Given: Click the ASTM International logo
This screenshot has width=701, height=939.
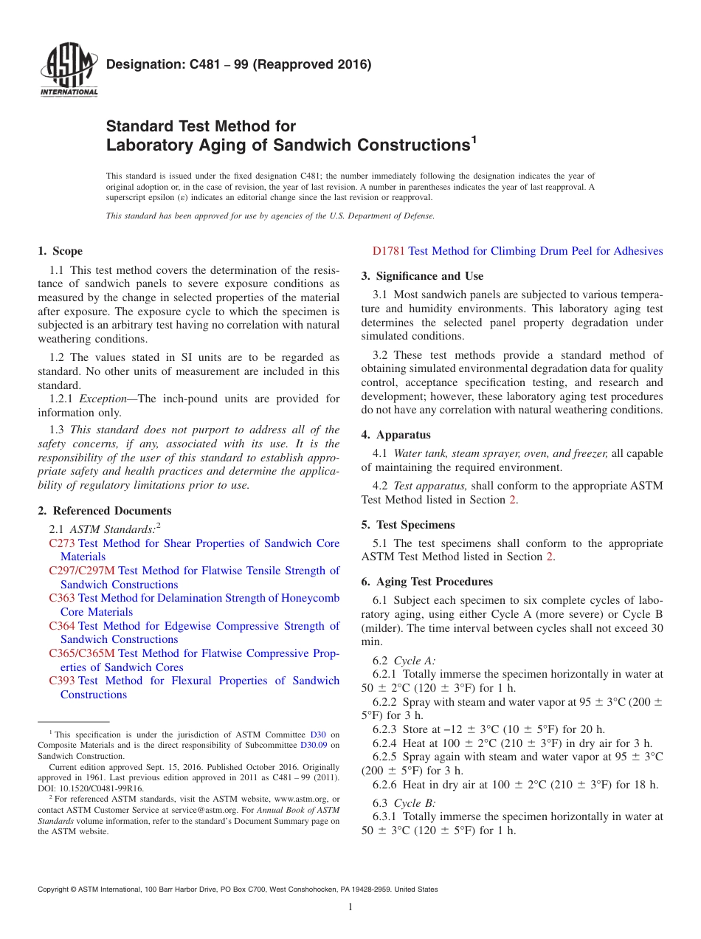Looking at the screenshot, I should (x=68, y=71).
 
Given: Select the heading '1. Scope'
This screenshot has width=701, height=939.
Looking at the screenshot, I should (x=60, y=251).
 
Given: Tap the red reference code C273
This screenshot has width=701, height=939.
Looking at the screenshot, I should (x=62, y=543).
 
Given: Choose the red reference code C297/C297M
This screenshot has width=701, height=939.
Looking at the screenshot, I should (x=82, y=571).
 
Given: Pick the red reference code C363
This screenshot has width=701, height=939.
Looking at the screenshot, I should (x=62, y=598).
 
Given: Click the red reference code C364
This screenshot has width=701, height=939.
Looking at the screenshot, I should (x=62, y=626).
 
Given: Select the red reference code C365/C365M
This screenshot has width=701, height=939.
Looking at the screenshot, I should (x=82, y=653).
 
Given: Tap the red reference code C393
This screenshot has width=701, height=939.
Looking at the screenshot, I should (x=62, y=681).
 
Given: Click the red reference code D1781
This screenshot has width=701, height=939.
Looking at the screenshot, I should (x=389, y=251).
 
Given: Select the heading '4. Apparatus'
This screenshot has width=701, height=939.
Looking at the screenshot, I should (x=396, y=435).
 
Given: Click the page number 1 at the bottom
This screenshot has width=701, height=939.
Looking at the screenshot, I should (x=350, y=907).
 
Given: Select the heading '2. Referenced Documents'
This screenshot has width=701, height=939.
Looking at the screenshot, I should (x=104, y=511).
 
